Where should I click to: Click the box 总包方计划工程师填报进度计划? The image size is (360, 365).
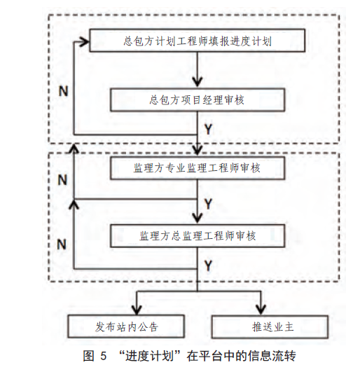[198, 41]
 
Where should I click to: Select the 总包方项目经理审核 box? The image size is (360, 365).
[198, 99]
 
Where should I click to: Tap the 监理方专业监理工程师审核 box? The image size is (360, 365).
[198, 168]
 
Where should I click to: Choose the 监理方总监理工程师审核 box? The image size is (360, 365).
[198, 236]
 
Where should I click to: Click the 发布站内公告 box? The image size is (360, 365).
[126, 326]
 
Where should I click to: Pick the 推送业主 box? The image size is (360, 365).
[270, 326]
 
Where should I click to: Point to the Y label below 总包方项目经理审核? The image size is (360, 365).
[208, 129]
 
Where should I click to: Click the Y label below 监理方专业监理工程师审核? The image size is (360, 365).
[208, 204]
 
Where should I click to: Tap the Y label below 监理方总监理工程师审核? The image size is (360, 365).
[208, 266]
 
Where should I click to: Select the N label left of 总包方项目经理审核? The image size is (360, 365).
[63, 91]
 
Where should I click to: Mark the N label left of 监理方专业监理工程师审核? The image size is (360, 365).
[62, 180]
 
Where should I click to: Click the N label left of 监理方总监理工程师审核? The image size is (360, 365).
[62, 245]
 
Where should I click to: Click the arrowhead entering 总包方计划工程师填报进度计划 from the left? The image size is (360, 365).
[85, 42]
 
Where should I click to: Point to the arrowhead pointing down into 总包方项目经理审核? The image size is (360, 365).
[198, 82]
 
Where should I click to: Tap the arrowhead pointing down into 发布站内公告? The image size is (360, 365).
[137, 310]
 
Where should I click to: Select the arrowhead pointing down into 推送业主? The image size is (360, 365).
[261, 310]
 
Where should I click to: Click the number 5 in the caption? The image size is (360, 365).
[103, 356]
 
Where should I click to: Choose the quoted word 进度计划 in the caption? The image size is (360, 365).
[149, 356]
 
